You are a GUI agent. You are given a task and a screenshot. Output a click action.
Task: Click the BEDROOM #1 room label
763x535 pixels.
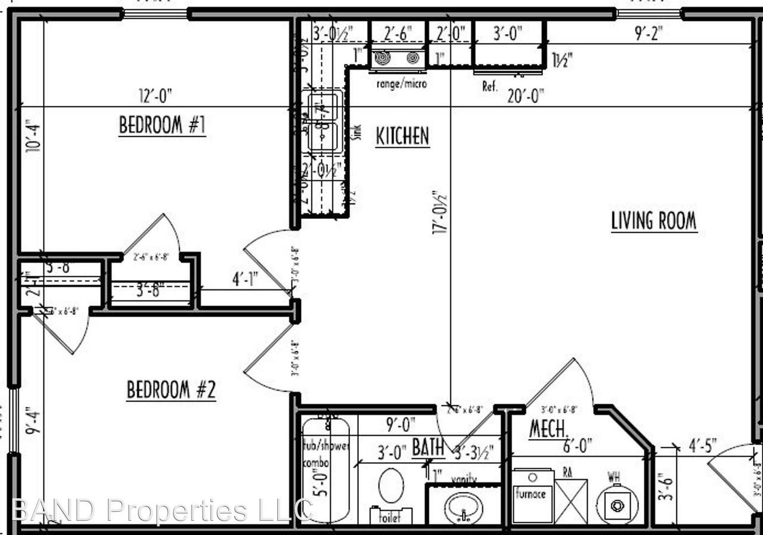click(162, 126)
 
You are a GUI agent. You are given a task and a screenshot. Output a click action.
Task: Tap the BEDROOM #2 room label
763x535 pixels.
click(170, 390)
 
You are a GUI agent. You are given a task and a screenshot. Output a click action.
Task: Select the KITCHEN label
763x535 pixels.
click(402, 136)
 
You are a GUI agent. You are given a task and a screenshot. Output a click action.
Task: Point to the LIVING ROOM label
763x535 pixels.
click(654, 221)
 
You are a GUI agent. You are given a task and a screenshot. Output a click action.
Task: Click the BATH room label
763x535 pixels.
click(428, 447)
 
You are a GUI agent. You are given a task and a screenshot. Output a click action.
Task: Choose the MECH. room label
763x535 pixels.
click(547, 429)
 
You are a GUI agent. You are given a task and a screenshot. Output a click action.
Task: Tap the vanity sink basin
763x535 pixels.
click(464, 508)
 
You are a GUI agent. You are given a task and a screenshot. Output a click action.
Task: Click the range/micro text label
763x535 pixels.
click(401, 84)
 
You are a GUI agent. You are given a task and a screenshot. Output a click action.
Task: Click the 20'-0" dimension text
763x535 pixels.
click(525, 95)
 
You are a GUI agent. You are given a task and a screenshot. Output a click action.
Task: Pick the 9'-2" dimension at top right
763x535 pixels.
click(649, 33)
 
